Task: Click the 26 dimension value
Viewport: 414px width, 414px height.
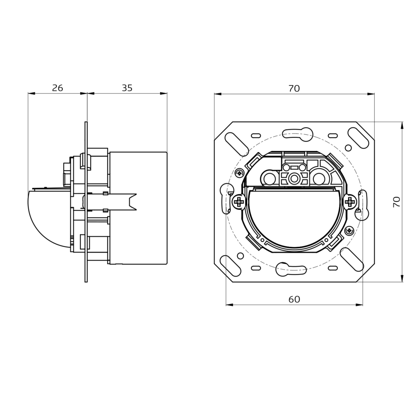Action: pyautogui.click(x=58, y=88)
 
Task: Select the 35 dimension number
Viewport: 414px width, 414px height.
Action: pyautogui.click(x=127, y=88)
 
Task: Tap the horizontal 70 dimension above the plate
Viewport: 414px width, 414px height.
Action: pyautogui.click(x=294, y=88)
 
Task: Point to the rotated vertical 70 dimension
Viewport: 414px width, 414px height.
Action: pyautogui.click(x=396, y=202)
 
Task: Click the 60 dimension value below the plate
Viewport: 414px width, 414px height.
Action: pyautogui.click(x=294, y=299)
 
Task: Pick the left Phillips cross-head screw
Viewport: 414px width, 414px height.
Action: pyautogui.click(x=238, y=202)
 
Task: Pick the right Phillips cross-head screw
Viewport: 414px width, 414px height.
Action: pyautogui.click(x=350, y=202)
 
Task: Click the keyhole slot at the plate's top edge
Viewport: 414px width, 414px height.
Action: pyautogui.click(x=294, y=132)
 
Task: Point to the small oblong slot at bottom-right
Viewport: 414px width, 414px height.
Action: pyautogui.click(x=332, y=268)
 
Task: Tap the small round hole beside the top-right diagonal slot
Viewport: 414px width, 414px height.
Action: pyautogui.click(x=348, y=147)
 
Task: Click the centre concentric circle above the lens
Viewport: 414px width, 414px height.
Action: pyautogui.click(x=294, y=178)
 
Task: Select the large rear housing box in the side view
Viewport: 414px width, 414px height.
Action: pyautogui.click(x=137, y=208)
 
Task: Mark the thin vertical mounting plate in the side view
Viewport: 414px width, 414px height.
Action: pyautogui.click(x=86, y=202)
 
